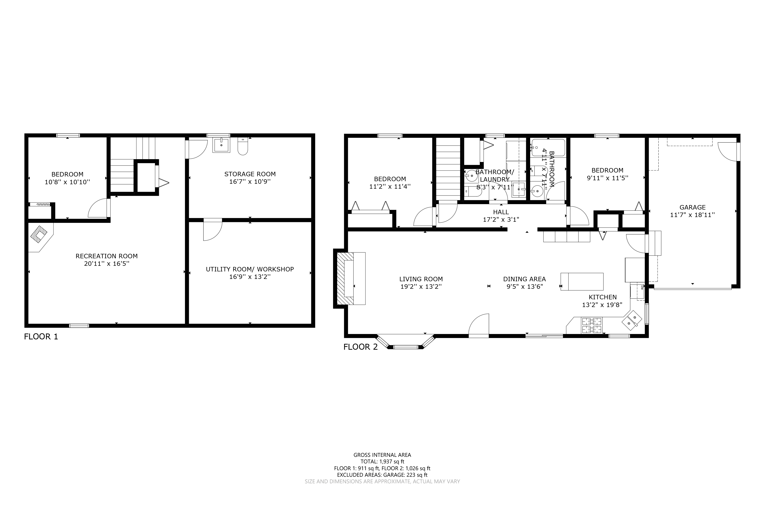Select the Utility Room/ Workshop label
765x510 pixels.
[x=250, y=269]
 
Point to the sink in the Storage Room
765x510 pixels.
[x=221, y=145]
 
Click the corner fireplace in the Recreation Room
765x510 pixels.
[x=39, y=234]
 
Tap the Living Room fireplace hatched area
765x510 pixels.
[x=345, y=279]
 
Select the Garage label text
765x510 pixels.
[x=693, y=207]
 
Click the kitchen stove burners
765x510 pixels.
[x=592, y=326]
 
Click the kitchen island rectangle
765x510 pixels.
[x=582, y=282]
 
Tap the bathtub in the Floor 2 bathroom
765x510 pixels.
[x=548, y=148]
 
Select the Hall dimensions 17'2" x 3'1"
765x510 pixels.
[x=501, y=220]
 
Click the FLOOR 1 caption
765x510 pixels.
[x=41, y=337]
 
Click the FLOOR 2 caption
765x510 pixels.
[x=361, y=347]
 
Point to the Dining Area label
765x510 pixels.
[x=524, y=279]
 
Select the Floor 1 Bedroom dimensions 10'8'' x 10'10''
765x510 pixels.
[x=67, y=182]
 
